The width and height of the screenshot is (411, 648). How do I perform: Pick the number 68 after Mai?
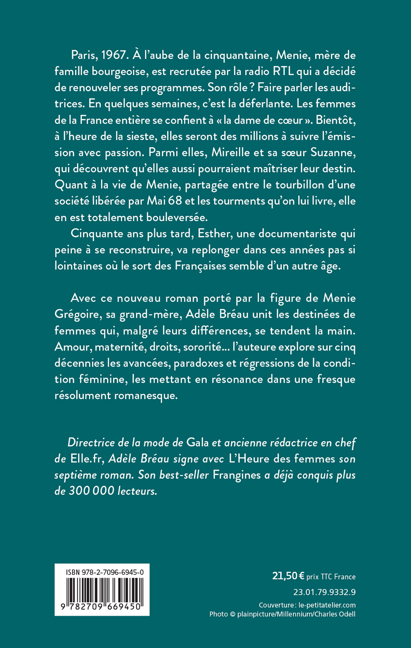point(175,201)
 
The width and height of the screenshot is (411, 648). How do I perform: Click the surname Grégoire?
point(77,314)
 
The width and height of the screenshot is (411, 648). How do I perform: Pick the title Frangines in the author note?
point(237,475)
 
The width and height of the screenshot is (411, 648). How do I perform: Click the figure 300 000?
point(91,491)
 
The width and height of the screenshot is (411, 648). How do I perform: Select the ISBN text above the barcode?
point(105,572)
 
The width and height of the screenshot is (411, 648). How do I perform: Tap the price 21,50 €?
point(288,576)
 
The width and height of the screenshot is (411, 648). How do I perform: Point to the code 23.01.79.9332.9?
point(324,592)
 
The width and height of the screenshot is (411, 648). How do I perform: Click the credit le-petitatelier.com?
point(327,605)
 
